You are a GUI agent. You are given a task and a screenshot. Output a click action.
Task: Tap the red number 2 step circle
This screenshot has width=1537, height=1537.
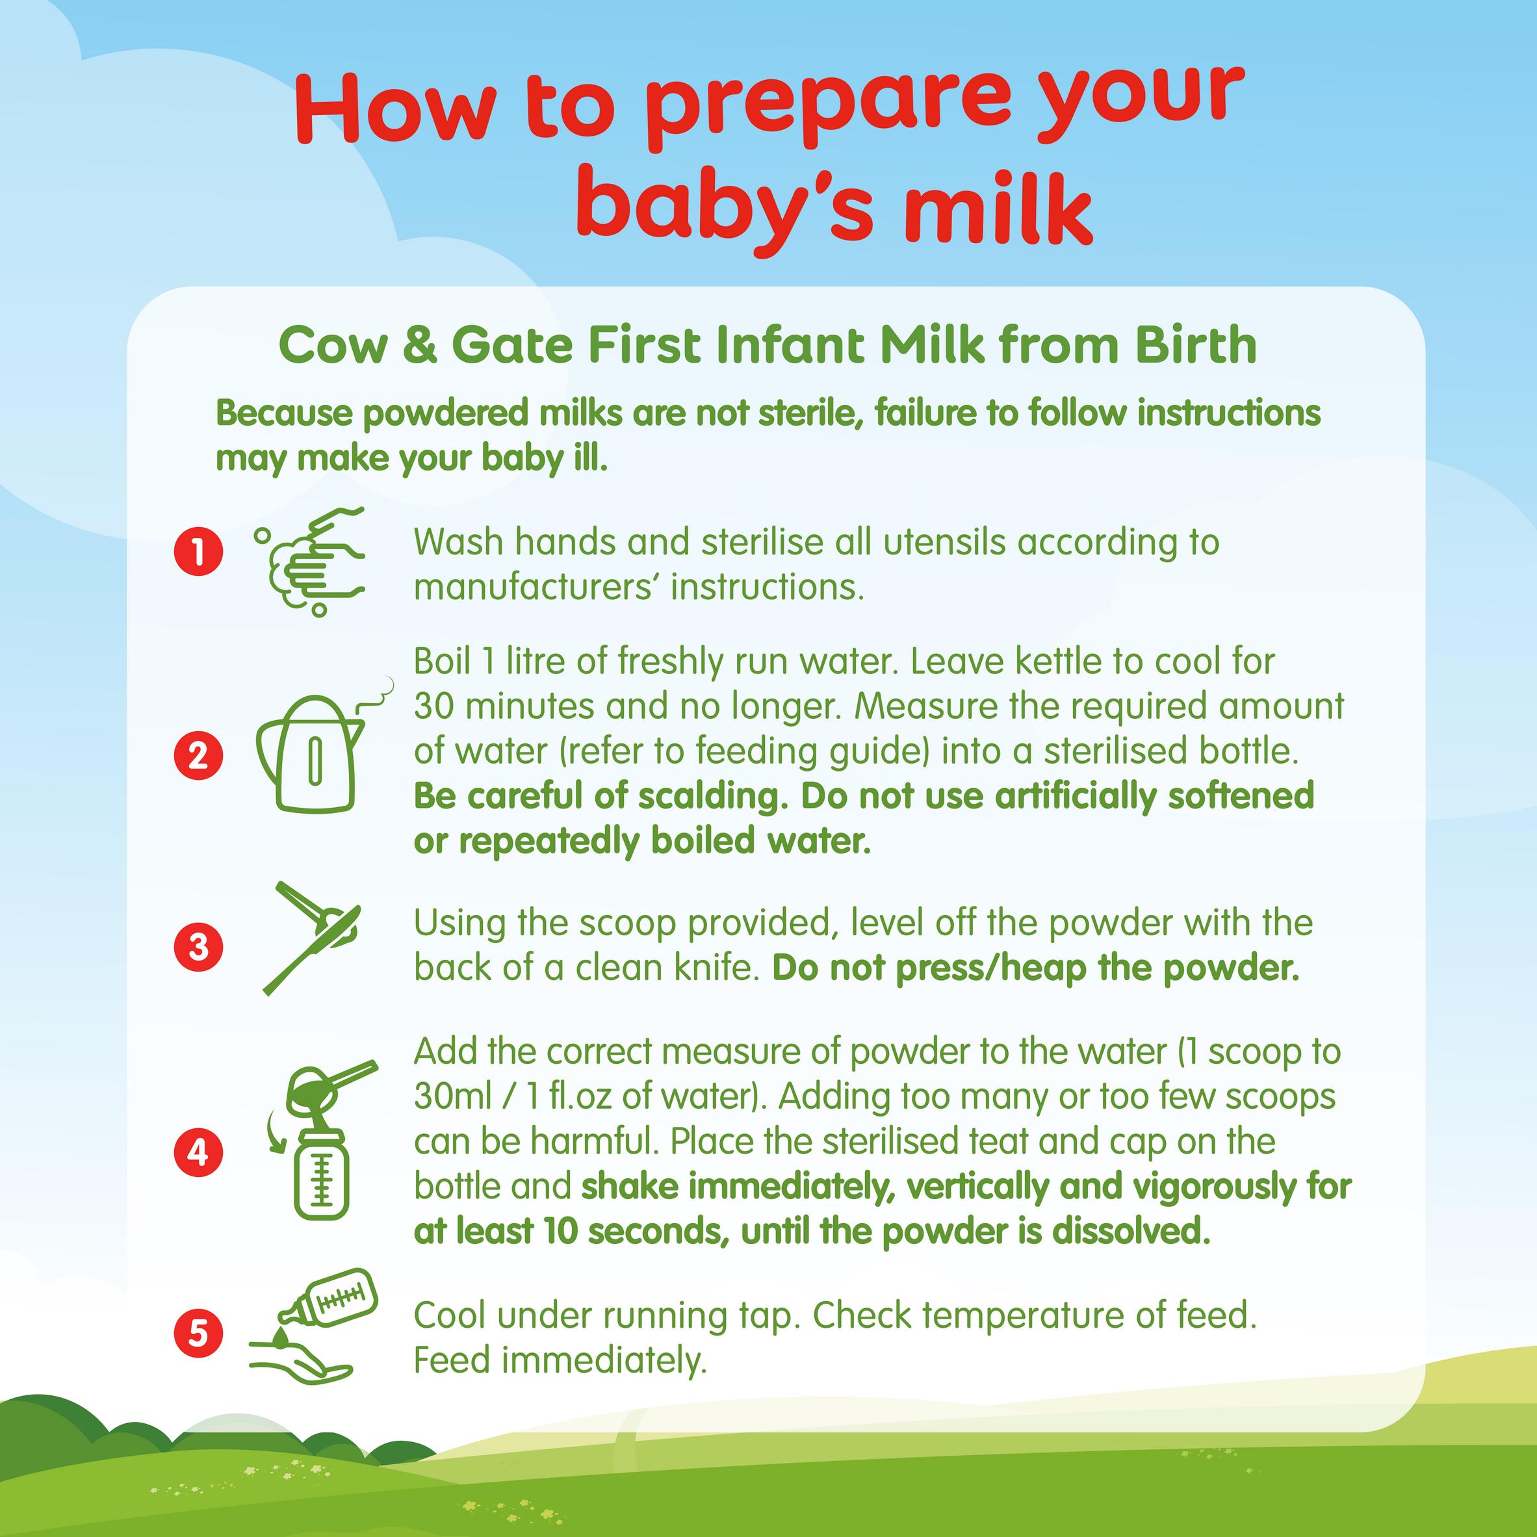tap(198, 754)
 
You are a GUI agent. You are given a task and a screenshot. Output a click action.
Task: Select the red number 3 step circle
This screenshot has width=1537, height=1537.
tap(198, 947)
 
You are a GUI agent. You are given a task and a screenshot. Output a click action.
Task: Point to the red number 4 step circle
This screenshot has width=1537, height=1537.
tap(198, 1151)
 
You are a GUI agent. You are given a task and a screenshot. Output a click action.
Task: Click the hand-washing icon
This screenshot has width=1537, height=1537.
tap(310, 562)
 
